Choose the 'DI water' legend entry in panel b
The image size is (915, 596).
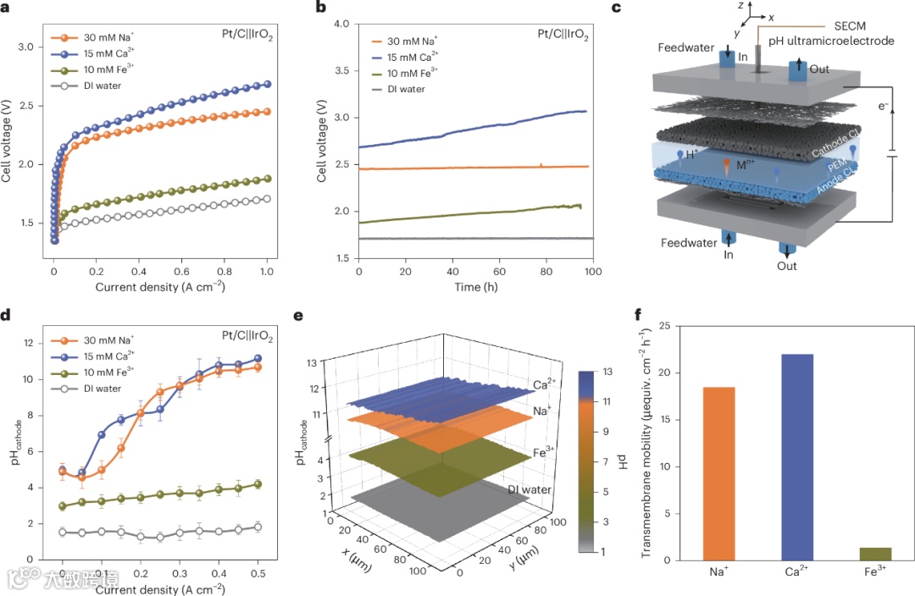pyautogui.click(x=406, y=89)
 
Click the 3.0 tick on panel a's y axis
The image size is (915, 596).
pyautogui.click(x=30, y=47)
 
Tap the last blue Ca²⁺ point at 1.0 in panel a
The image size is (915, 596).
pyautogui.click(x=268, y=84)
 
